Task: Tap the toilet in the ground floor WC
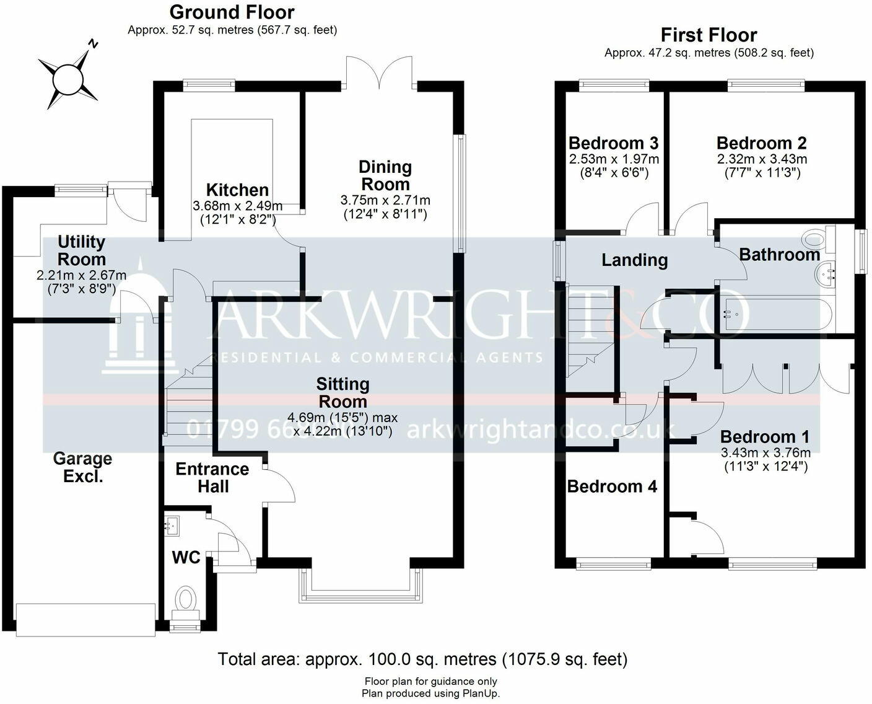coord(185,600)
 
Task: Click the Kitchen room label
coord(237,190)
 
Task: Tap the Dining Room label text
coord(385,175)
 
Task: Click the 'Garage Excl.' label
coord(82,467)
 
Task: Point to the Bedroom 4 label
coord(612,486)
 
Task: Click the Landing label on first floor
coord(634,260)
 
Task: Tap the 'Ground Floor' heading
coord(232,12)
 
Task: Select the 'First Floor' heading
coord(708,35)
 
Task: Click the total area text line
coord(422,659)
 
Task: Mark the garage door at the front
coord(85,619)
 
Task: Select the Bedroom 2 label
coord(761,143)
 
